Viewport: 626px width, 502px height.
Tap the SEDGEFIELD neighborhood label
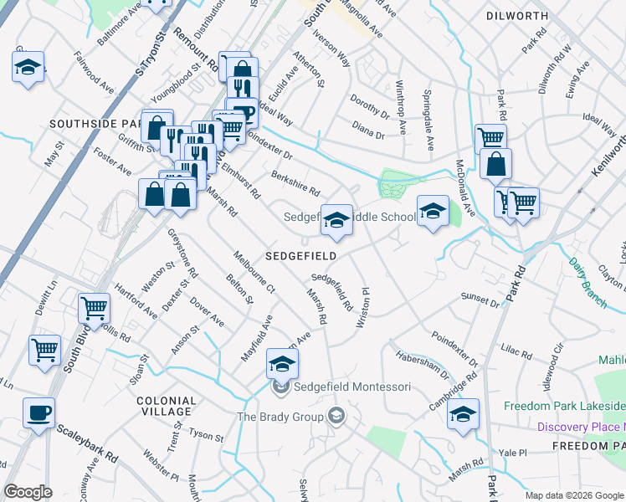tap(301, 256)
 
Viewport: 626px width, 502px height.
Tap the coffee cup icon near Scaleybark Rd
tap(38, 413)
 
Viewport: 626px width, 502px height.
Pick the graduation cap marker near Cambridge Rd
tap(463, 414)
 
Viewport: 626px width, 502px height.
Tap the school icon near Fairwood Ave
tap(28, 67)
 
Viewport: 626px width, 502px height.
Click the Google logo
tap(28, 492)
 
